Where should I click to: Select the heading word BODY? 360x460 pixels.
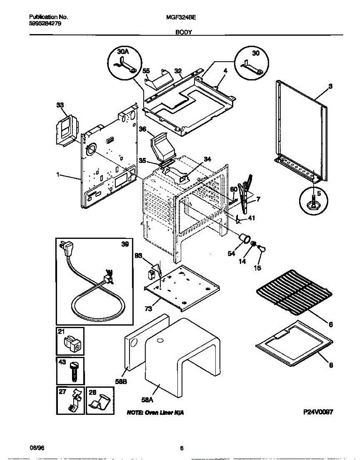coord(183,33)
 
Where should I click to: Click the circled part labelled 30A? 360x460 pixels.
coord(124,64)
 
